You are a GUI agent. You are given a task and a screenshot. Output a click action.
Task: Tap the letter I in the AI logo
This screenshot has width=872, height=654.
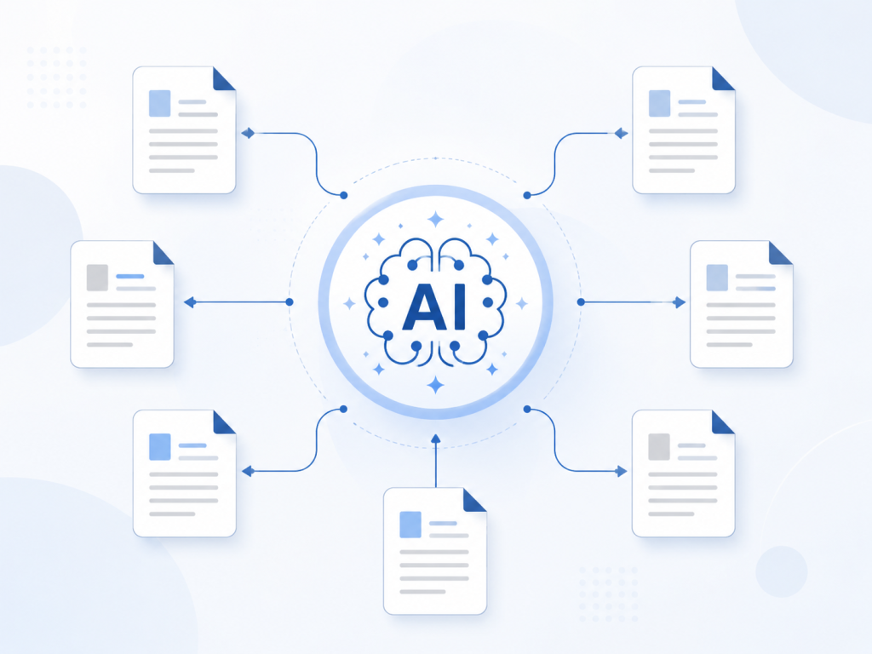pos(459,307)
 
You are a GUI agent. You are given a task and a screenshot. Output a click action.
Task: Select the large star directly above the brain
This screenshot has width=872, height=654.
pos(435,219)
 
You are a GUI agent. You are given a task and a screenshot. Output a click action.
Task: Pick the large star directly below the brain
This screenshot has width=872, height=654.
pos(435,385)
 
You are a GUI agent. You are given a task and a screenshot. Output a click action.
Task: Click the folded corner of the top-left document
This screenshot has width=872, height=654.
pos(224,79)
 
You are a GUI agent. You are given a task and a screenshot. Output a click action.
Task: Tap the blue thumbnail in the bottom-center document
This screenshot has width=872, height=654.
pos(410,525)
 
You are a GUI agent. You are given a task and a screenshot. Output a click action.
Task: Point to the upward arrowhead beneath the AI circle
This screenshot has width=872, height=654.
pos(435,439)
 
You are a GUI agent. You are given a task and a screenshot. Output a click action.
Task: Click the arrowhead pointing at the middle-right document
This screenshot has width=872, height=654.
pos(680,302)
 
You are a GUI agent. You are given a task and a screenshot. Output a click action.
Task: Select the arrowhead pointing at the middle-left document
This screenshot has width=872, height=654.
pos(190,302)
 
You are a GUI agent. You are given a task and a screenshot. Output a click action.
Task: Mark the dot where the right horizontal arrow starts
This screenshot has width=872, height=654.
pos(581,302)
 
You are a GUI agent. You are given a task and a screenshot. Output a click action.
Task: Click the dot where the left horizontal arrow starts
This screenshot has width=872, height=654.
pos(290,302)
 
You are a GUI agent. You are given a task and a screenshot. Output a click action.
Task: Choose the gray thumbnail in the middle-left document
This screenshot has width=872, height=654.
pos(97,278)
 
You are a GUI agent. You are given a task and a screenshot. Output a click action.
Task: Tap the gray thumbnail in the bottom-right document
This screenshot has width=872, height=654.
pos(659,446)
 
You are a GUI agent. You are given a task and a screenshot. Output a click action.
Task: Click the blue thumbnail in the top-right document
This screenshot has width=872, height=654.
pos(660,103)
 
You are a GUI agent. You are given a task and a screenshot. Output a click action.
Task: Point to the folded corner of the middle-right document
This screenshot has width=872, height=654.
pos(781,253)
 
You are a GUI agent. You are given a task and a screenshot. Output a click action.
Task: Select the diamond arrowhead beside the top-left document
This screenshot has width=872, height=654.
pos(248,133)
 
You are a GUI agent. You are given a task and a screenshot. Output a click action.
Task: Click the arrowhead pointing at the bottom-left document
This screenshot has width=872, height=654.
pos(248,471)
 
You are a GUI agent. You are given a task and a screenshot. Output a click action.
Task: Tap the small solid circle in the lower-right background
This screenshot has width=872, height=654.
pos(782,571)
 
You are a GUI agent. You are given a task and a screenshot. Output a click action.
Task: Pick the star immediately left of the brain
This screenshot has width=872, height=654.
pos(349,304)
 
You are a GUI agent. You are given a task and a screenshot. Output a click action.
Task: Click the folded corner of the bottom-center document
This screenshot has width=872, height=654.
pos(474,500)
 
